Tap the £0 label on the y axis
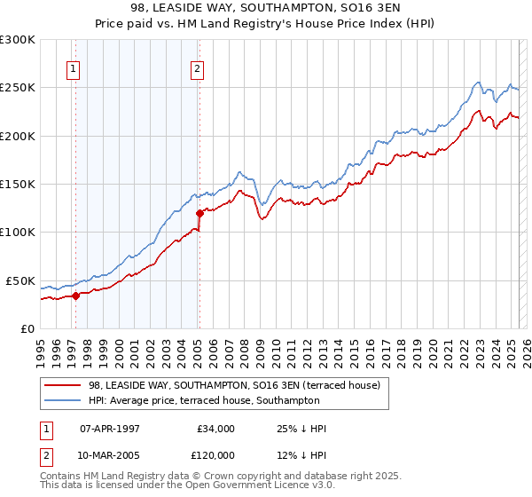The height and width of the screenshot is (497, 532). [x=27, y=328]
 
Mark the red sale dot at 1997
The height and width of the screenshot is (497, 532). [x=75, y=296]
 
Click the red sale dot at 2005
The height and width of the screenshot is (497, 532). [x=199, y=213]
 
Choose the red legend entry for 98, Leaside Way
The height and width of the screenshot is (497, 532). [x=234, y=385]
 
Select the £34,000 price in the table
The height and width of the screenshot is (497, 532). [x=214, y=429]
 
